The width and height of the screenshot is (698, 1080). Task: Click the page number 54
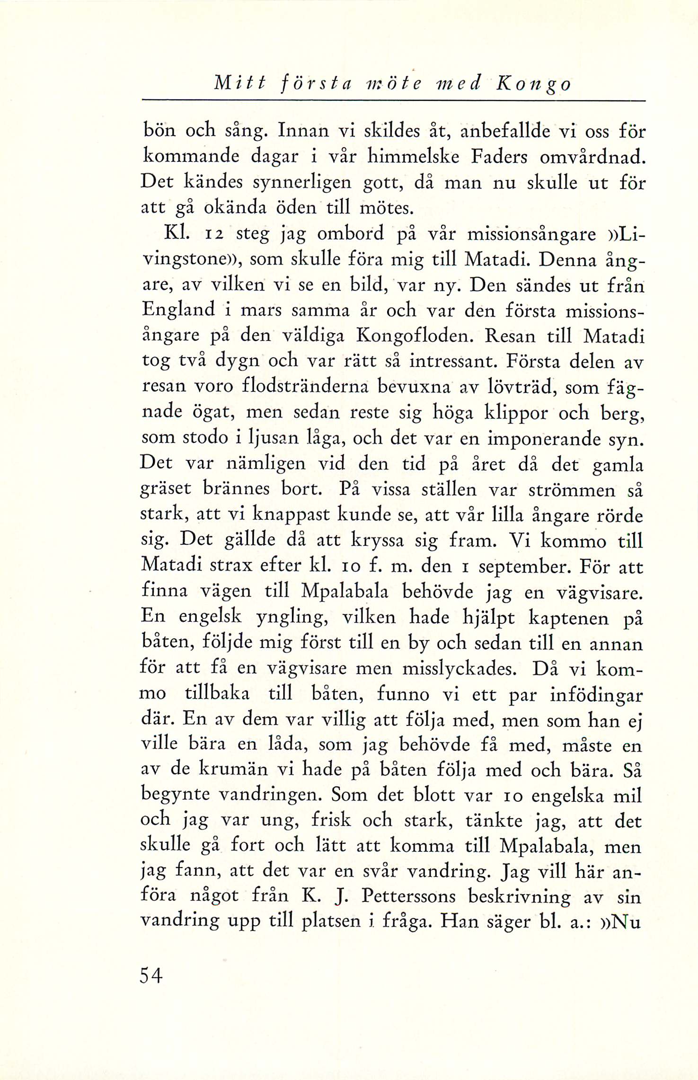click(151, 976)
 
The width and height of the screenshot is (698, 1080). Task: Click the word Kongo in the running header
click(533, 84)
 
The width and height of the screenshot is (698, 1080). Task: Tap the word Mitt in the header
click(240, 84)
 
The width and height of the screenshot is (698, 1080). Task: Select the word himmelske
click(414, 157)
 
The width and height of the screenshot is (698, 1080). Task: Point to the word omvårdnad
click(592, 157)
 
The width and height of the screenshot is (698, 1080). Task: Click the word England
click(179, 310)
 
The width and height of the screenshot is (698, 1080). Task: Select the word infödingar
click(596, 695)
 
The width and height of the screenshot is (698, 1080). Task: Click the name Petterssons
click(408, 896)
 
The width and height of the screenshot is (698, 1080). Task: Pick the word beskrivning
click(519, 896)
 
